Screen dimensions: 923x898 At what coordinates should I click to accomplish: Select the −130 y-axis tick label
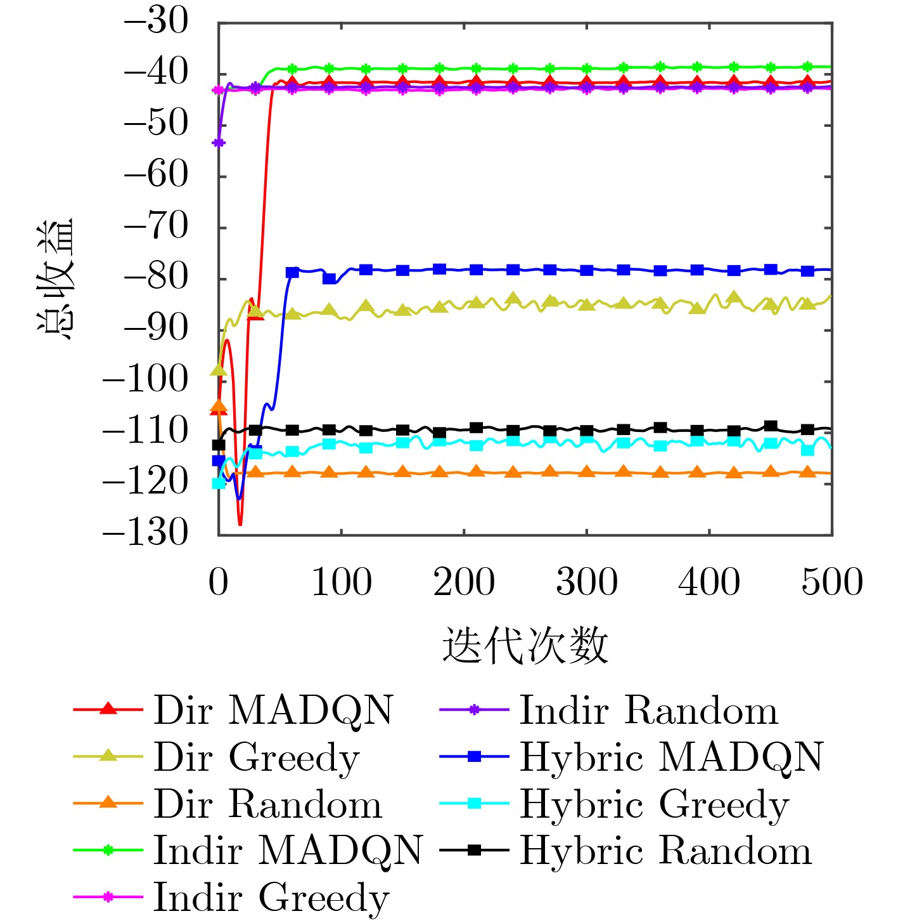146,532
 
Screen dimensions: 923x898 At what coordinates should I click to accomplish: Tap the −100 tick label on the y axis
146,380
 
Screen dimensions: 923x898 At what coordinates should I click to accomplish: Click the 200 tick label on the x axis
464,582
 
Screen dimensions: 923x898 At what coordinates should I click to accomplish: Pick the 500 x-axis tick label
831,582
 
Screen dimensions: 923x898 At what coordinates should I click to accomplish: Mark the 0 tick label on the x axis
219,582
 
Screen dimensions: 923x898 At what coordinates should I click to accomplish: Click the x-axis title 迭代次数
525,646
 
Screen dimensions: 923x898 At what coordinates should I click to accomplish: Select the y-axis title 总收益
56,279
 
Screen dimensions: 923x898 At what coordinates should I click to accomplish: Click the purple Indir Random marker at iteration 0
219,143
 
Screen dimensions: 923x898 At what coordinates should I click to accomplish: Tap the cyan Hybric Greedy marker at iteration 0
219,483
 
